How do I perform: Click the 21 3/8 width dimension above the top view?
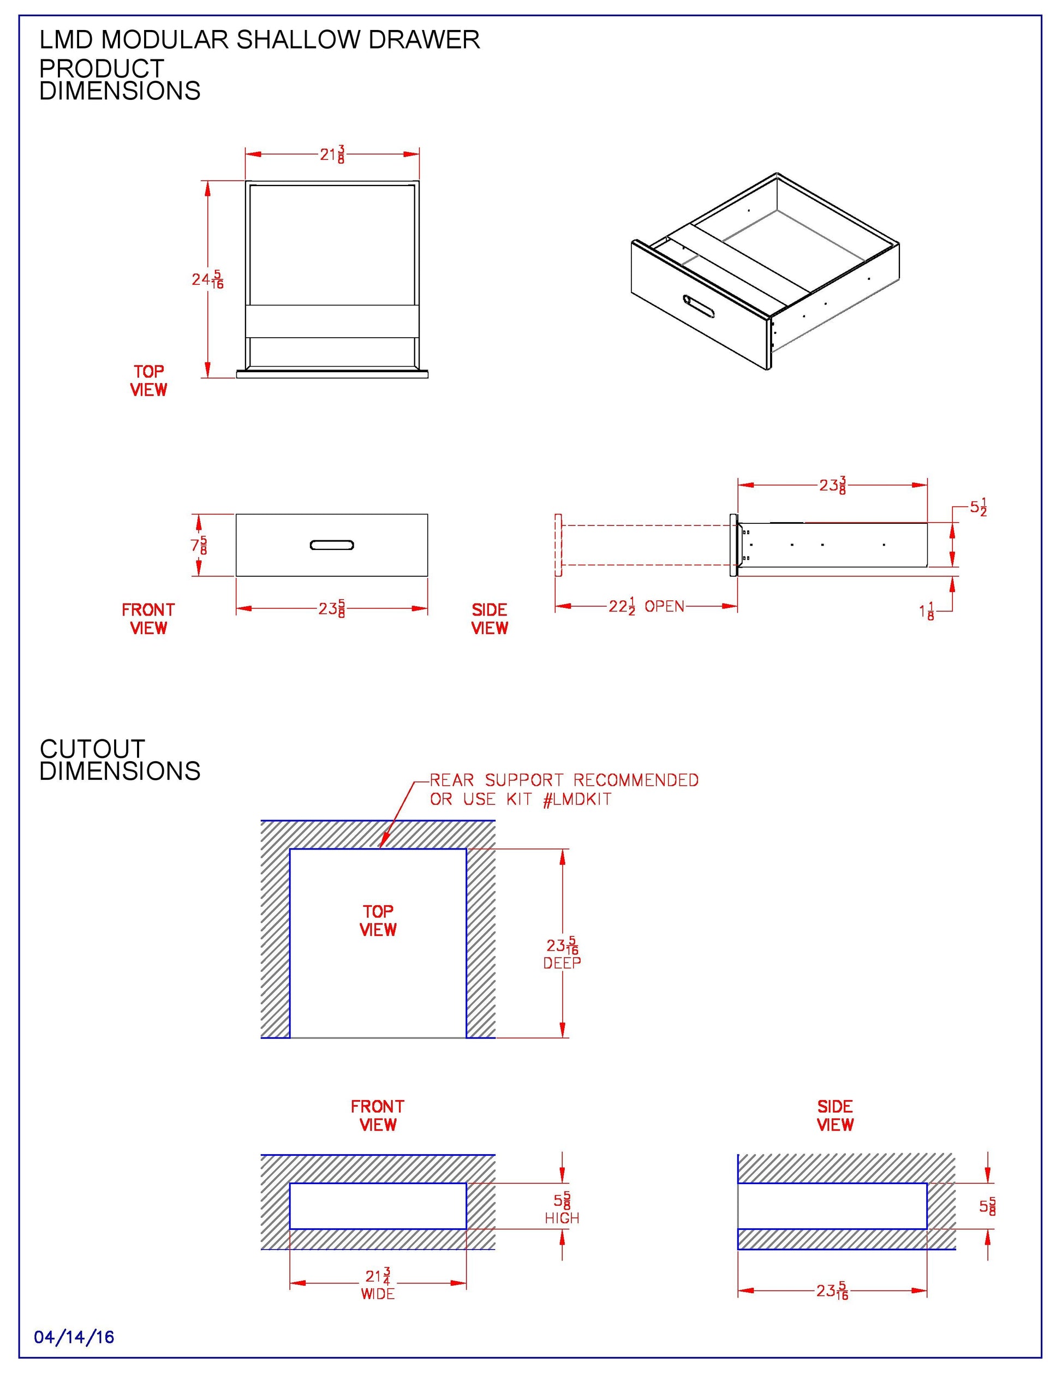[332, 154]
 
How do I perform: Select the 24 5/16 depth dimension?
[207, 279]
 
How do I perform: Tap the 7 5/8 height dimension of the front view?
[199, 545]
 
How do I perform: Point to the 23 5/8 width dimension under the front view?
[332, 608]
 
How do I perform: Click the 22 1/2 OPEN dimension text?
[646, 606]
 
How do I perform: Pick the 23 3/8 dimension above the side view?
[832, 485]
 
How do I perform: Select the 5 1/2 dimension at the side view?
[978, 507]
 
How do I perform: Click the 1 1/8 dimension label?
[927, 611]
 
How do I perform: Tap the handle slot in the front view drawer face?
[332, 545]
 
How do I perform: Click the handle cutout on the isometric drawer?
[699, 306]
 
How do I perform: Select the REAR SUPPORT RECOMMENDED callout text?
[564, 780]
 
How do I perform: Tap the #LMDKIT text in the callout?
[577, 799]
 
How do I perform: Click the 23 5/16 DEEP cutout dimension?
[562, 953]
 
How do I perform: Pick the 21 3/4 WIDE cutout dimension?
[378, 1284]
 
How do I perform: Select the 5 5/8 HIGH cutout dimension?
[562, 1209]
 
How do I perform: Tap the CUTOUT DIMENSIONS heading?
[120, 760]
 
